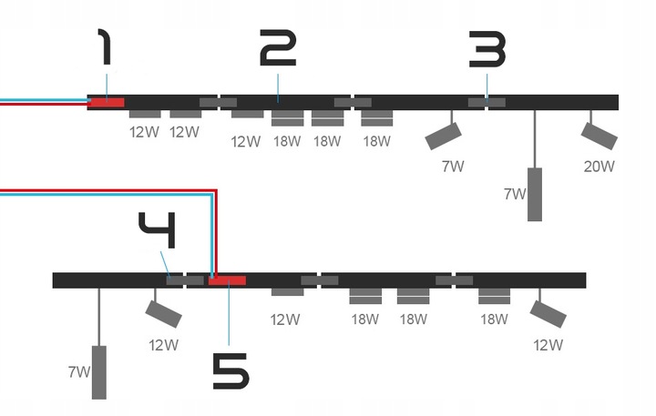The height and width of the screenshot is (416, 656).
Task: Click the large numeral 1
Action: tap(106, 46)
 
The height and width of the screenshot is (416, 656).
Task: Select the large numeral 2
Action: tap(278, 47)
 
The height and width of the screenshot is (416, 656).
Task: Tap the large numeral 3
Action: tap(487, 49)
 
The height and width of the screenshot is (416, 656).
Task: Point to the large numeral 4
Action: tap(158, 230)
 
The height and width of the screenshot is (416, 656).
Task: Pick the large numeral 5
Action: tap(231, 370)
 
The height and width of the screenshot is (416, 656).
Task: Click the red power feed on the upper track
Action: tap(108, 103)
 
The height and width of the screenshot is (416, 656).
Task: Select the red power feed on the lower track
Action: tap(227, 280)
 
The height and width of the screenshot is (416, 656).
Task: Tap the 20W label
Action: tap(600, 167)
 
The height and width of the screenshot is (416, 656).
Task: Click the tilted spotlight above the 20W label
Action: tap(600, 136)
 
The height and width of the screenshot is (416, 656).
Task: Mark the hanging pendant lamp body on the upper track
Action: tap(535, 195)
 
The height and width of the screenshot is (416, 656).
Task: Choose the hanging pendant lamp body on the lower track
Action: tap(98, 372)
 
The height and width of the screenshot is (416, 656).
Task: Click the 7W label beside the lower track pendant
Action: tap(79, 371)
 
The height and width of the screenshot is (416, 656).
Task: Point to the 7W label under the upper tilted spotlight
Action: tap(453, 167)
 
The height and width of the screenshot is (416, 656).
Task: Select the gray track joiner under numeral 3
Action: tap(487, 102)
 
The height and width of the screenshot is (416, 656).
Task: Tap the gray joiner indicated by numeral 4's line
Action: tap(175, 280)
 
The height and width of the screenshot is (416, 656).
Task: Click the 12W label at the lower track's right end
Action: tap(548, 345)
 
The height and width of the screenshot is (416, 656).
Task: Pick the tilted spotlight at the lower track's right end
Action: tap(548, 314)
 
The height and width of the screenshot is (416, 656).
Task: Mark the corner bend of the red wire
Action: tap(216, 191)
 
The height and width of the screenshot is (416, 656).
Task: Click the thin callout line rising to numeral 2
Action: tap(278, 88)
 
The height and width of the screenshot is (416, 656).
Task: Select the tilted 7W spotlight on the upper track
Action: tap(443, 136)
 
